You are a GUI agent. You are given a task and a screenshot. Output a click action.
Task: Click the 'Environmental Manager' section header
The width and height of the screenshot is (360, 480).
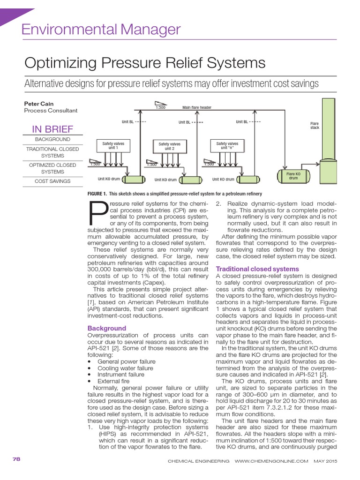pos(101,30)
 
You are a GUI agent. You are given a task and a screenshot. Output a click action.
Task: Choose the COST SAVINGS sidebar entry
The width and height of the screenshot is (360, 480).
pos(52,181)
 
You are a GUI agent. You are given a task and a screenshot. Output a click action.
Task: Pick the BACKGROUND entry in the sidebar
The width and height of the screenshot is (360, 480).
pos(52,140)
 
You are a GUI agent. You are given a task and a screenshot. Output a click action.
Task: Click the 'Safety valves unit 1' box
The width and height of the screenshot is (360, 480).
pos(113,146)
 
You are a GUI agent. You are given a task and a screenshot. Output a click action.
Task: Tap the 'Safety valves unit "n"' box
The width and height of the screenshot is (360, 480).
pos(227,146)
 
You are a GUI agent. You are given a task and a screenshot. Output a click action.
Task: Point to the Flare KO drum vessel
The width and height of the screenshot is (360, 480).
pos(293,176)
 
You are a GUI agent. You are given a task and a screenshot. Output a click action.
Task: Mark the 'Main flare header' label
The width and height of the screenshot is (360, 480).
pos(197,107)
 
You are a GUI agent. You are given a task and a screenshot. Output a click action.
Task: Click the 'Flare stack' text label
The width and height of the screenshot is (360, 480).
pos(315,126)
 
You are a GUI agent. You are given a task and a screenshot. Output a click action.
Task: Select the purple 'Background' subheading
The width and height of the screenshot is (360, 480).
pos(107,328)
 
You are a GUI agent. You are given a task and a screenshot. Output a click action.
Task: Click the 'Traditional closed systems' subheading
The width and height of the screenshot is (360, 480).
pos(257,269)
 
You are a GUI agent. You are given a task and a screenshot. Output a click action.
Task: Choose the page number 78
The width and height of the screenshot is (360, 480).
pos(16,459)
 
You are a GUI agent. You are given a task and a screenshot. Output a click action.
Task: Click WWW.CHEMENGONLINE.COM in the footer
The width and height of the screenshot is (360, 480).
pos(271,461)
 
